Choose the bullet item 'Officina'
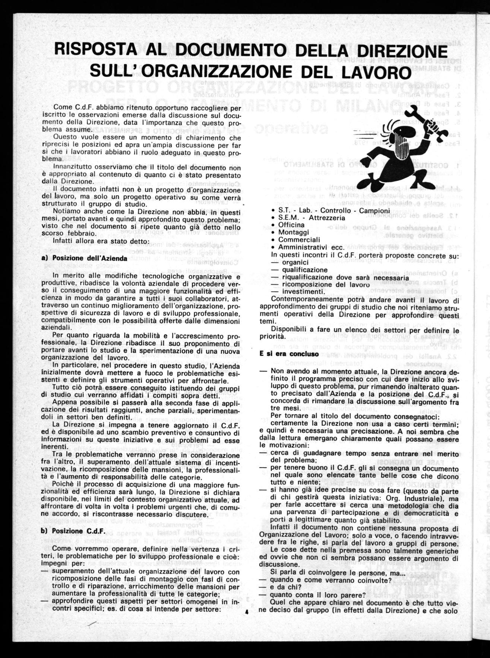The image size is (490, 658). [x=291, y=225]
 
